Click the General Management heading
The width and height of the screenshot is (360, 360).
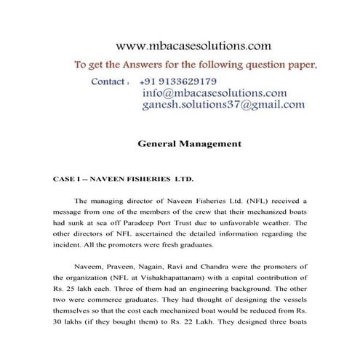[x=189, y=144]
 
